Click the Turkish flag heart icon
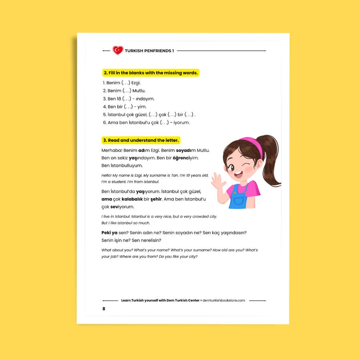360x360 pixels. point(118,50)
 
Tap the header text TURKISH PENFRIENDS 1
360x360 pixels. point(149,51)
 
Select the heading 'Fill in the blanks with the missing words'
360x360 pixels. point(150,73)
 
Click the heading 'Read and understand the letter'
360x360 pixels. point(141,140)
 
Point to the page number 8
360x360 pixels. point(104,309)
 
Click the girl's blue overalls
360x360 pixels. point(239,198)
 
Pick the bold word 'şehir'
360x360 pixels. point(156,199)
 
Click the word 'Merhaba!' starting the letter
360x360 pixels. point(111,150)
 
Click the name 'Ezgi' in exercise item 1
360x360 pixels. point(135,83)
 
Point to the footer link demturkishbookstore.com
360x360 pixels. point(224,301)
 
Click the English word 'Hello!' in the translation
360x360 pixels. point(107,175)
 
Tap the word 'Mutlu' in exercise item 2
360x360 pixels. point(139,91)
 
